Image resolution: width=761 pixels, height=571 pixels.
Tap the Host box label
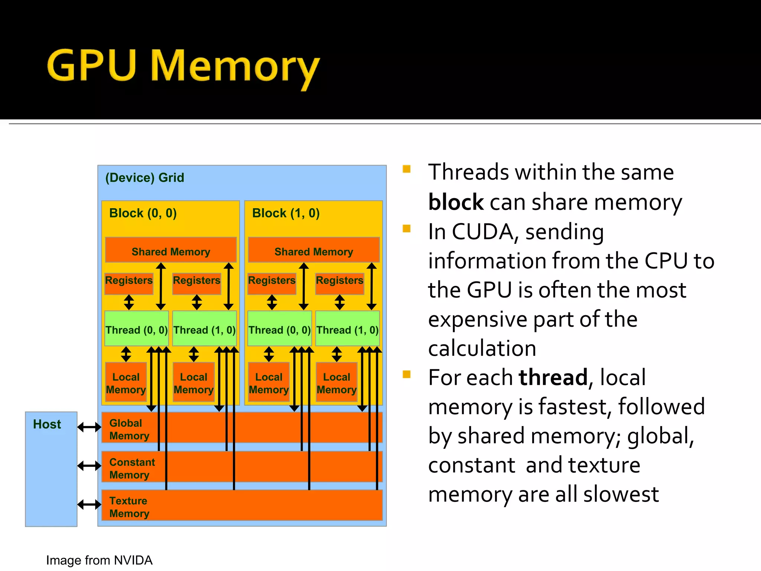pos(47,424)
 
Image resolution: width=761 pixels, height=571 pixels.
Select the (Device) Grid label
pos(145,178)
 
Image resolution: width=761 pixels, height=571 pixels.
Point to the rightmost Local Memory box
pos(337,383)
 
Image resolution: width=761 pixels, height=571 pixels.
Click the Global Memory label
pos(129,429)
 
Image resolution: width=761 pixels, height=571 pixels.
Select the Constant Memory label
pos(132,468)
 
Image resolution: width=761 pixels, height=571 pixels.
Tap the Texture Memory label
pos(129,507)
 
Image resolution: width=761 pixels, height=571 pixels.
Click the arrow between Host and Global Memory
pos(89,427)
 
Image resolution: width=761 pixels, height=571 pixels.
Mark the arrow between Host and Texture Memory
pos(89,504)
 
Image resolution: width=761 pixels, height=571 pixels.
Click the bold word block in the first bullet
pos(456,202)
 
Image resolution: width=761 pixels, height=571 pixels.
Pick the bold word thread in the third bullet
pos(553,377)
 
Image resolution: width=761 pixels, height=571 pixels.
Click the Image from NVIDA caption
pos(99,560)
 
